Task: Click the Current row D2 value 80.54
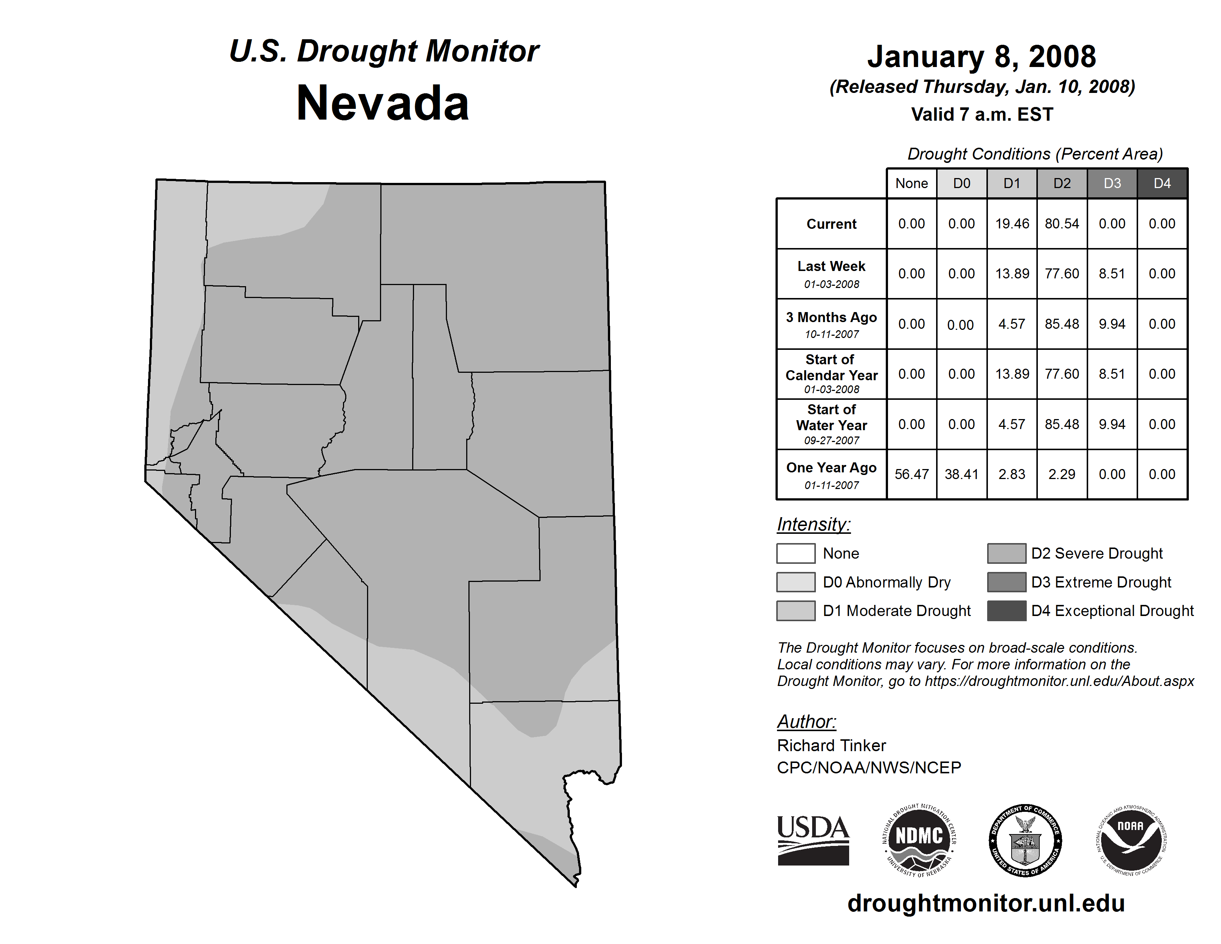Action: pos(1062,224)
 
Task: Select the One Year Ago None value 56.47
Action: pos(911,474)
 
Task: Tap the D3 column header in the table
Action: pos(1112,183)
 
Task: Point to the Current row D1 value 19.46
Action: pos(1012,224)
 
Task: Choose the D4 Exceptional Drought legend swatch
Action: pos(1006,611)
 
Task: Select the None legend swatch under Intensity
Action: pos(795,553)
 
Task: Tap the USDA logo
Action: pos(813,840)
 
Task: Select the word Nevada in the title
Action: pos(383,103)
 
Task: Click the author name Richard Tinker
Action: pos(831,746)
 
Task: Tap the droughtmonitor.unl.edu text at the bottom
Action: pos(986,903)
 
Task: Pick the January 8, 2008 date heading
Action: pos(982,57)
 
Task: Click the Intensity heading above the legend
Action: pos(813,525)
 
